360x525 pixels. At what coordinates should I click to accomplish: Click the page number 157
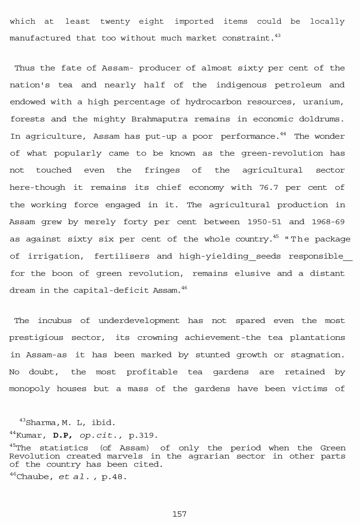coord(179,514)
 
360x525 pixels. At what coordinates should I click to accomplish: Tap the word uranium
coord(324,102)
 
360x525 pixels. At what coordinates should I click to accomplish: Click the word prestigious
coord(34,338)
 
